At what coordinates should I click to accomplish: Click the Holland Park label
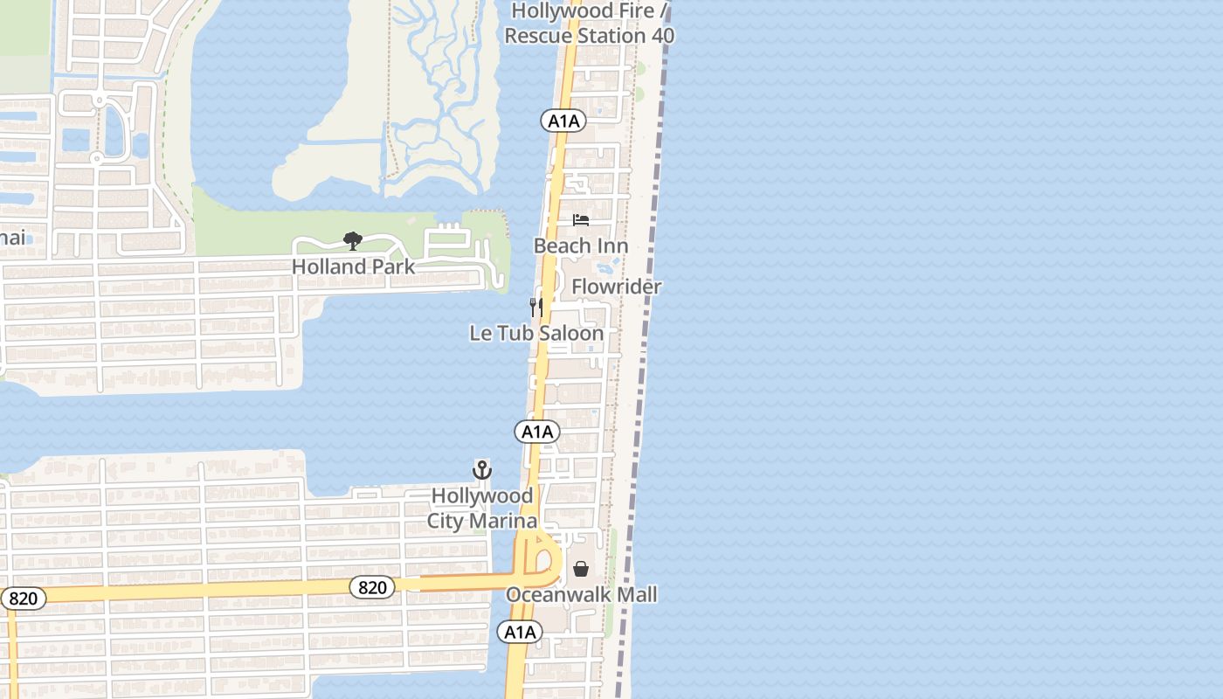pos(353,266)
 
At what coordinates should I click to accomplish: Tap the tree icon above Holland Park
pos(353,240)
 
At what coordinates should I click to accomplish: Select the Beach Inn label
pos(581,246)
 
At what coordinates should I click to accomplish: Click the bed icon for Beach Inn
pos(581,220)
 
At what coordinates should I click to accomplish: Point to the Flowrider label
pos(617,287)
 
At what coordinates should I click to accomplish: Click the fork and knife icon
pos(535,307)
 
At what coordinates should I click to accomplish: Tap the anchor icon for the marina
pos(481,470)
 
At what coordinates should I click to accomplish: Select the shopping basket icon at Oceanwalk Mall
pos(581,569)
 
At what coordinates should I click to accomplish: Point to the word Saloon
pos(571,334)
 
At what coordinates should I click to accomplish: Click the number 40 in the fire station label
pos(661,36)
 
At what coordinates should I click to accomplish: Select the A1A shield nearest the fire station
pos(563,121)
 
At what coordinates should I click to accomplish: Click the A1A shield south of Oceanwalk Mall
pos(520,632)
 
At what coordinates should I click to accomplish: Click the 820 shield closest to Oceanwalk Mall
pos(372,587)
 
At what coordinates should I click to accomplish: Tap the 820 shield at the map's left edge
pos(22,599)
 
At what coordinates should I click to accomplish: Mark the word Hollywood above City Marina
pos(482,496)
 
